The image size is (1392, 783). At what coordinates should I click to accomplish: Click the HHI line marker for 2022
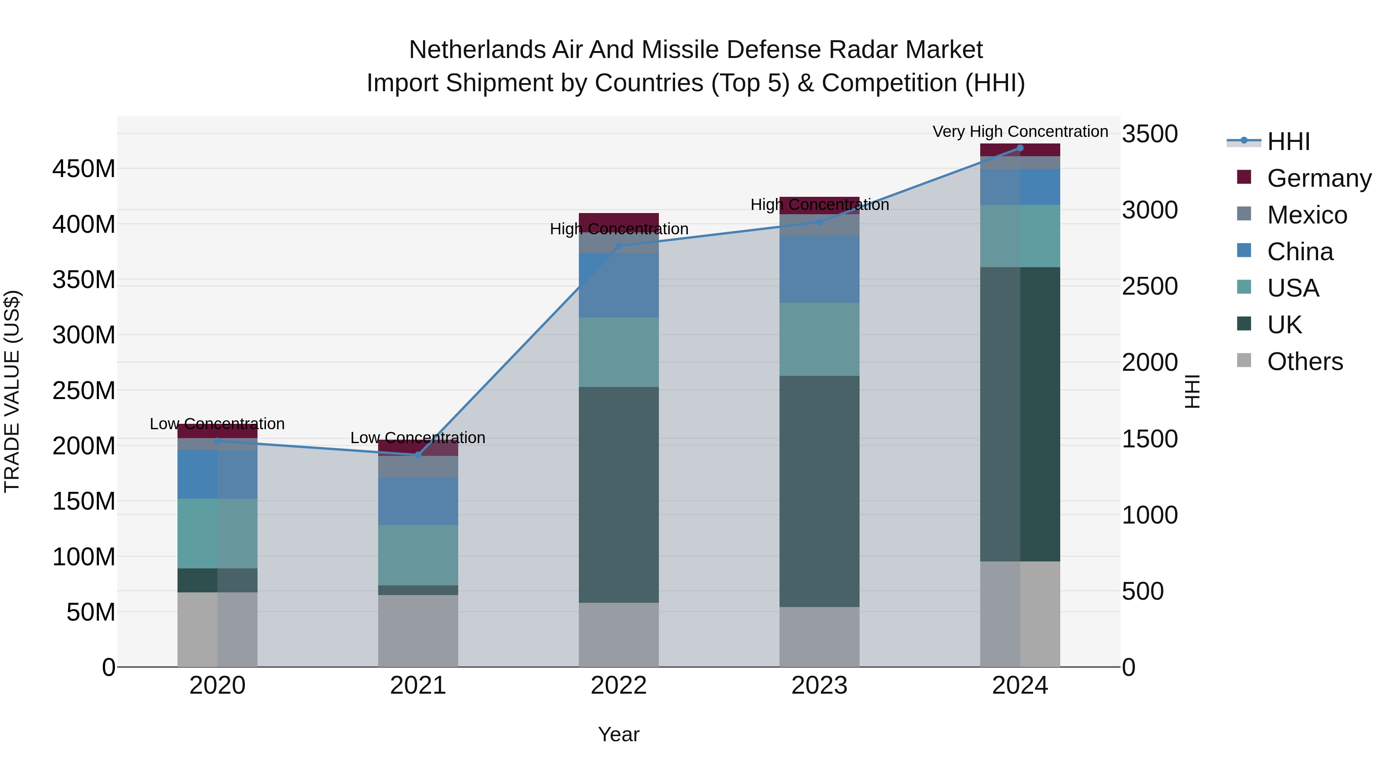click(x=619, y=246)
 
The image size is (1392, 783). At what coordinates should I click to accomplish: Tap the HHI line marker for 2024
click(x=1020, y=148)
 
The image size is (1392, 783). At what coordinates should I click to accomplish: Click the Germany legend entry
click(x=1319, y=178)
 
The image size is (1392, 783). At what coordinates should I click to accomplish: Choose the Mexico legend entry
click(x=1307, y=215)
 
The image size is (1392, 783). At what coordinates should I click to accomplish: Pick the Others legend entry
click(x=1305, y=362)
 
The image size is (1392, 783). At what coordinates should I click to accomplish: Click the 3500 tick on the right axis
click(x=1150, y=134)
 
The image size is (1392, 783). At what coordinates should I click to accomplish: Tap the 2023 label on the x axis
click(x=819, y=686)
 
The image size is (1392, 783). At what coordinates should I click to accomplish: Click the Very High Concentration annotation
click(x=1020, y=131)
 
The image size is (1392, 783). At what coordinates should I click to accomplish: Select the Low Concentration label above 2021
click(x=418, y=438)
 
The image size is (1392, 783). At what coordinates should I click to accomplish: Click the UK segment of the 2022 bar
click(x=619, y=495)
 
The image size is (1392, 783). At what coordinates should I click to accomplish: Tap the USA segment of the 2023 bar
click(x=819, y=339)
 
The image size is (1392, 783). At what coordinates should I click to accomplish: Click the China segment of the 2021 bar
click(x=418, y=502)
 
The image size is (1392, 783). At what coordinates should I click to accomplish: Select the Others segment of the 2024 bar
click(x=1020, y=614)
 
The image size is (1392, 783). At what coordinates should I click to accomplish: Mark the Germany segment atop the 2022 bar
click(x=619, y=218)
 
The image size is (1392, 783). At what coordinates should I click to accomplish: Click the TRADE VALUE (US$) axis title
click(x=12, y=391)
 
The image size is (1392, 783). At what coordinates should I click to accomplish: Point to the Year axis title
click(x=619, y=734)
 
